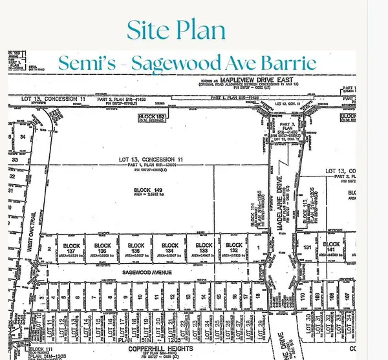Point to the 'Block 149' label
[138, 189]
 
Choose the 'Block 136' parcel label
[102, 246]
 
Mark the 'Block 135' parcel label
[135, 246]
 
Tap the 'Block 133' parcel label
[203, 246]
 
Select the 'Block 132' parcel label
[236, 246]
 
